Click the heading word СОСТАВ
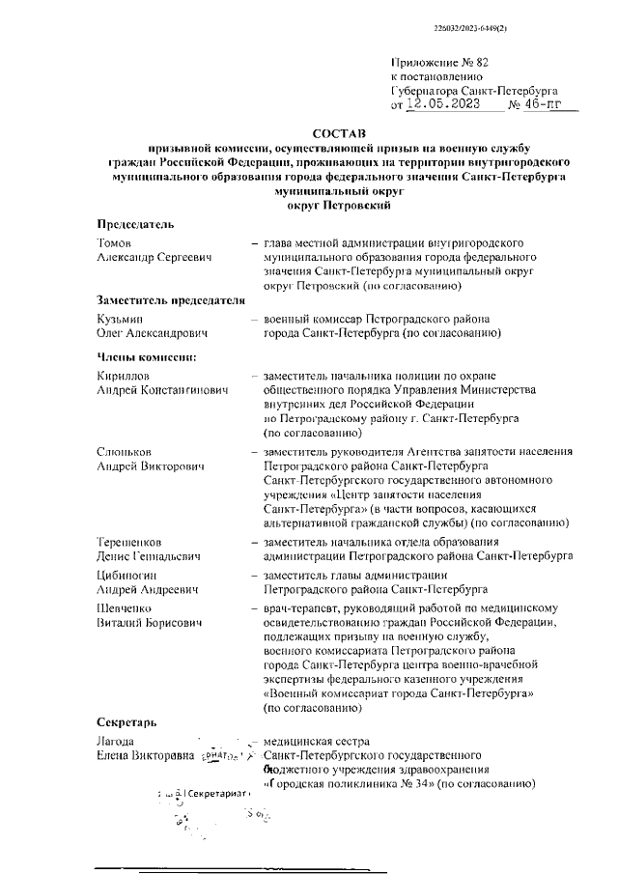coord(340,130)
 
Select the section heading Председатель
coord(135,224)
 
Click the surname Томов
coord(114,243)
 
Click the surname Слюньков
coord(126,451)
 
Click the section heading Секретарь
coord(129,722)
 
